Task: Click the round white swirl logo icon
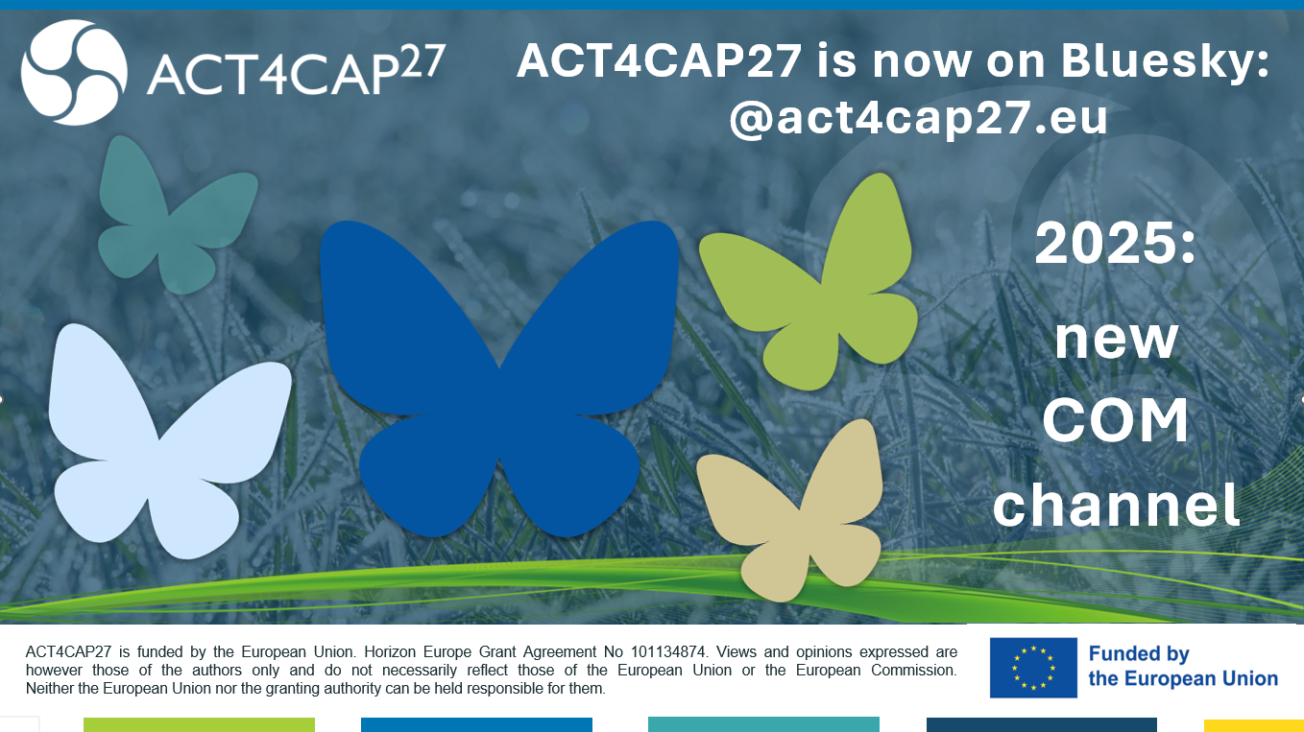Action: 74,73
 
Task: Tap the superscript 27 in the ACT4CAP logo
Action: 423,61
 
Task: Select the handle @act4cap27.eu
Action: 918,118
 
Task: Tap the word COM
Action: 1116,420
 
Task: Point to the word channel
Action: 1116,504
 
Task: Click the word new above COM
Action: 1117,341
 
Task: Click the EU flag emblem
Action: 1033,668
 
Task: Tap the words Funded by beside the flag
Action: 1139,653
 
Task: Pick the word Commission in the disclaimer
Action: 914,671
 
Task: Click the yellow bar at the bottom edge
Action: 1253,725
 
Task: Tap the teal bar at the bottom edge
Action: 763,724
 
